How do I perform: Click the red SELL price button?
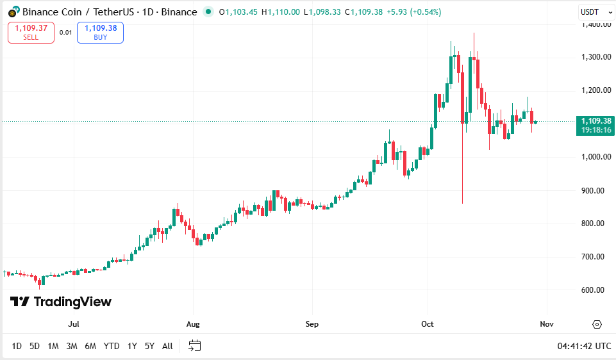[x=31, y=33]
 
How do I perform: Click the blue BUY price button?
[x=100, y=33]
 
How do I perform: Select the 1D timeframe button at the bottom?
[x=17, y=346]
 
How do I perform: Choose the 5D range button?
[x=35, y=346]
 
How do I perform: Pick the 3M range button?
[x=71, y=346]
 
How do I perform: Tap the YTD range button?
[x=112, y=346]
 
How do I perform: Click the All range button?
[x=167, y=346]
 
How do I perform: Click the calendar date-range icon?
[x=195, y=346]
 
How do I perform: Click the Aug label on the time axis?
[x=193, y=324]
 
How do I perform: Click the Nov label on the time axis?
[x=546, y=324]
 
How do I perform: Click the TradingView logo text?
[x=61, y=302]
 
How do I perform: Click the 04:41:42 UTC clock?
[x=584, y=346]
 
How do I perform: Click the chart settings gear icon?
[x=597, y=324]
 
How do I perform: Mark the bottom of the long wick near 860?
[x=462, y=203]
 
